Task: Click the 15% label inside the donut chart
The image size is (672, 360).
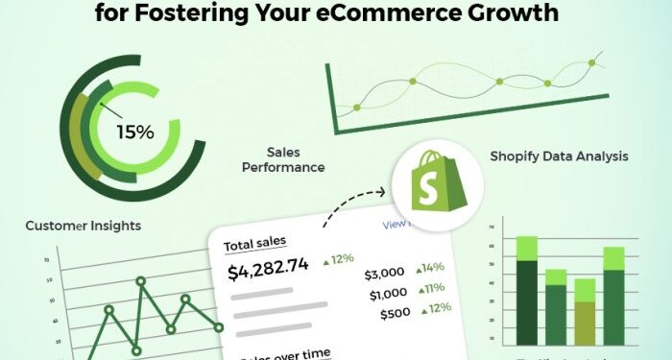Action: [x=134, y=132]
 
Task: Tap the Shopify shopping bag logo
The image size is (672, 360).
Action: [x=425, y=182]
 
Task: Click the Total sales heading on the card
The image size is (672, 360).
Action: [x=255, y=244]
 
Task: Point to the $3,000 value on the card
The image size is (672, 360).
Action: [x=385, y=271]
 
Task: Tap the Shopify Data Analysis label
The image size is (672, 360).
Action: [x=559, y=156]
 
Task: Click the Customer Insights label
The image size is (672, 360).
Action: [x=84, y=226]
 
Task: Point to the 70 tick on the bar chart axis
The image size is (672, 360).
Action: [x=492, y=228]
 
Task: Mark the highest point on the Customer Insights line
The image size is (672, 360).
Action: [x=140, y=282]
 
